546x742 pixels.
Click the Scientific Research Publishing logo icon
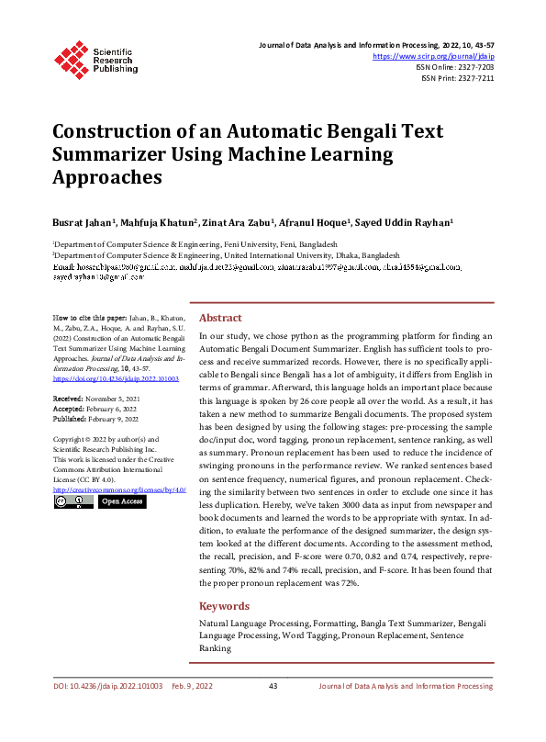point(71,57)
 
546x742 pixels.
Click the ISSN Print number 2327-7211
point(475,79)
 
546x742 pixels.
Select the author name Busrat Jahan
point(82,222)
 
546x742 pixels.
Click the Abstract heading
point(220,317)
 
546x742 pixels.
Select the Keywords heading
point(224,606)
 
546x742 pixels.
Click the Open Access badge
point(121,502)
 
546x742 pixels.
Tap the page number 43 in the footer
point(273,686)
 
